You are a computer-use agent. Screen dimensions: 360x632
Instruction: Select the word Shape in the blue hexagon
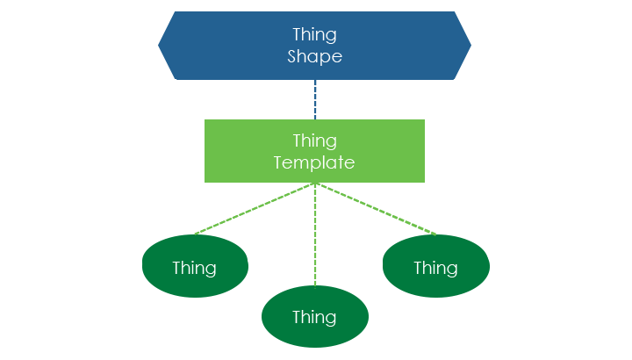click(x=314, y=56)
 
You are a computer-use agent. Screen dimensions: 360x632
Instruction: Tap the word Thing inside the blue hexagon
click(x=314, y=35)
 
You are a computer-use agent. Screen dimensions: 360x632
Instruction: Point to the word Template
click(x=314, y=162)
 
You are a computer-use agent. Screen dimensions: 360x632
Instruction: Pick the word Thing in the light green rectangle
click(x=314, y=141)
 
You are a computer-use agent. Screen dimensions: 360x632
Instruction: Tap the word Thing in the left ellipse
click(x=194, y=268)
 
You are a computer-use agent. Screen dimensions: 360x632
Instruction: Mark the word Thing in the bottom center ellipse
click(x=314, y=317)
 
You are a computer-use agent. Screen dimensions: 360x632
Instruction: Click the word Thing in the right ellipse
click(x=435, y=268)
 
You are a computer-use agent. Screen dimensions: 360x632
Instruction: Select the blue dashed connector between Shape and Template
click(x=315, y=99)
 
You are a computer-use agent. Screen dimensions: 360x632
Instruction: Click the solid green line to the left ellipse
click(x=255, y=209)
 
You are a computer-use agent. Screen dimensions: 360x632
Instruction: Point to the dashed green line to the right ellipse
click(x=376, y=209)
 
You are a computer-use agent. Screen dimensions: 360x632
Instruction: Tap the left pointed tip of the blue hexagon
click(x=160, y=46)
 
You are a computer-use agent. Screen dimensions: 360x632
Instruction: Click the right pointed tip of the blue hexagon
click(x=470, y=46)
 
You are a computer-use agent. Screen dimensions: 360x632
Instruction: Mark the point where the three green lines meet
click(x=315, y=184)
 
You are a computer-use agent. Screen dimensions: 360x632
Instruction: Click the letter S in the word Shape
click(x=293, y=56)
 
